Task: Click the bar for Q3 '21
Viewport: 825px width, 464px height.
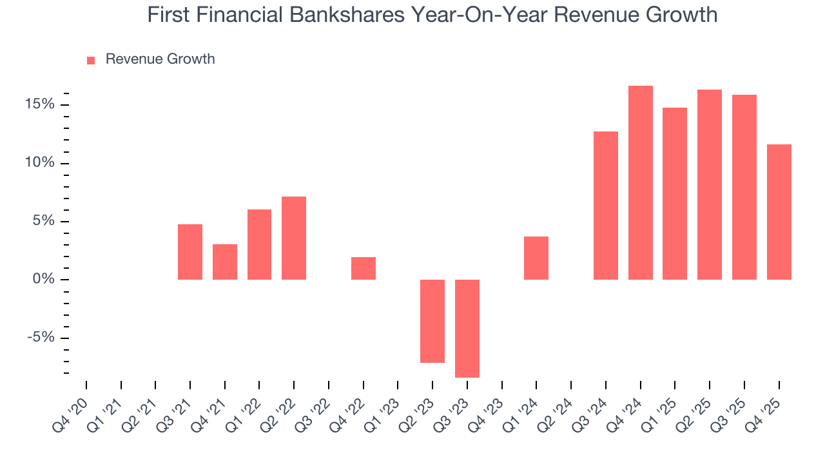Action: click(x=190, y=252)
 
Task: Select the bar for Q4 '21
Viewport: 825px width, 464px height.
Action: click(x=225, y=262)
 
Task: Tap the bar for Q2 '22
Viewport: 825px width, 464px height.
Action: click(x=294, y=238)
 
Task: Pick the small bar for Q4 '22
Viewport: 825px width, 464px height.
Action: click(x=364, y=268)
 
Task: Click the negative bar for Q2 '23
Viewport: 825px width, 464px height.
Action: click(x=432, y=321)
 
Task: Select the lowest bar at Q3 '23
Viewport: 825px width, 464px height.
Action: click(x=467, y=328)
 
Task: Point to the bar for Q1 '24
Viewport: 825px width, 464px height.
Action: click(x=536, y=258)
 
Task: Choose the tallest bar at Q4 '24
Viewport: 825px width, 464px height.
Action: click(x=641, y=182)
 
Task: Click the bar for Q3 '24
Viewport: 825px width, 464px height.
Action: click(x=606, y=206)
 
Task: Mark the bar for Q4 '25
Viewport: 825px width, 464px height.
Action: click(x=779, y=212)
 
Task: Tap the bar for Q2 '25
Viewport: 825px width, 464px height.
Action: click(x=710, y=184)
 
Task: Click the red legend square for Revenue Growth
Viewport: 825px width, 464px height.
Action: click(x=91, y=60)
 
